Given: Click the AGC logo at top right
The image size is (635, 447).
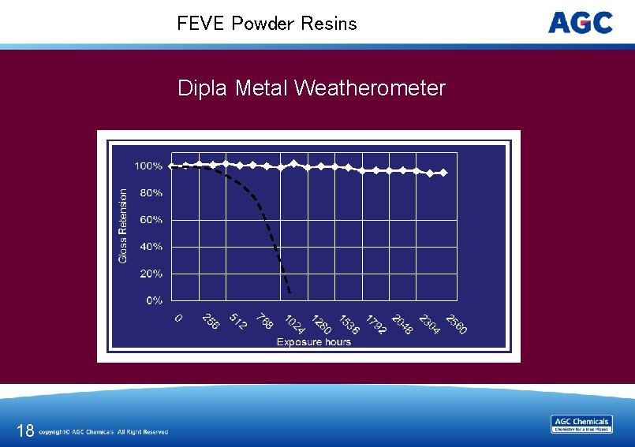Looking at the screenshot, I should [581, 23].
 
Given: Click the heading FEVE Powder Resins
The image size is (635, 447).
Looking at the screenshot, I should [267, 24].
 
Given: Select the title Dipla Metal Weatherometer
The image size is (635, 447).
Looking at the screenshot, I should [312, 88].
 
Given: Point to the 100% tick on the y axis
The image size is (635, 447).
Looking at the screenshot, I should [148, 166].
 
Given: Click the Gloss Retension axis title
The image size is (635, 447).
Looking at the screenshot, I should [123, 225].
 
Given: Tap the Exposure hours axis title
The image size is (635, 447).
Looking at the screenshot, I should [314, 341].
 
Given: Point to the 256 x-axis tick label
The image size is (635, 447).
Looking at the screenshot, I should [211, 322].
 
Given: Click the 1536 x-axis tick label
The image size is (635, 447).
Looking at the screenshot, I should [349, 324].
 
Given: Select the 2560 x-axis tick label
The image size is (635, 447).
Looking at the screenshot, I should [456, 324].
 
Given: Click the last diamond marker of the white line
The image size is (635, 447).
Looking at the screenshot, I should [443, 173].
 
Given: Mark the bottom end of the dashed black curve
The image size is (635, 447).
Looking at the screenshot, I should [289, 293].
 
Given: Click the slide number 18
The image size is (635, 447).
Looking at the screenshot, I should [25, 430].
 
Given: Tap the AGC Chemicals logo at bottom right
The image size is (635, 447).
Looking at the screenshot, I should [581, 424].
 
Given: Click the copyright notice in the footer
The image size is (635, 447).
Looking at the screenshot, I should [103, 432].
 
